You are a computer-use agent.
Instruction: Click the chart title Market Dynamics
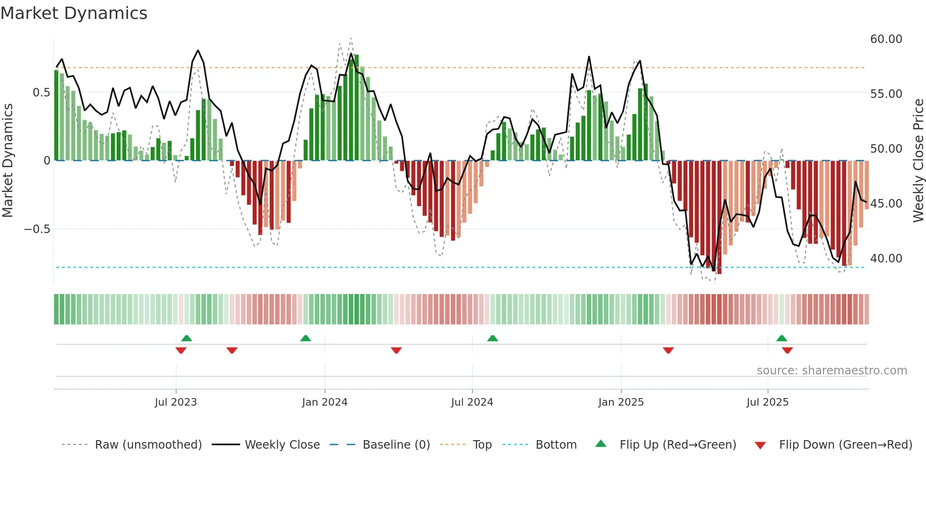coord(74,13)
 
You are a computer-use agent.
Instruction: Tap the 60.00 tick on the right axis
coord(886,39)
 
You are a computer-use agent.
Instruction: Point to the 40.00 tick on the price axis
coord(886,259)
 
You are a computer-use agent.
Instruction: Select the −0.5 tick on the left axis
coord(37,229)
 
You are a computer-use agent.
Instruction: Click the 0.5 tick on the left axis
coord(41,93)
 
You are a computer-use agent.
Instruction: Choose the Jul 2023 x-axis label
coord(176,402)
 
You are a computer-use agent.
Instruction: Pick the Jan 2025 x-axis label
coord(621,402)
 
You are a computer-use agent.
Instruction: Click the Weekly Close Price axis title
coord(918,161)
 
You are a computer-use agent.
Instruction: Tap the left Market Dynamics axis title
coord(8,161)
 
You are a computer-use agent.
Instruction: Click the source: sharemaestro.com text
coord(832,371)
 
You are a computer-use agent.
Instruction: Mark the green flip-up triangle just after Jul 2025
coord(781,338)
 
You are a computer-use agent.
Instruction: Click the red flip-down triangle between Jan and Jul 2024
coord(396,350)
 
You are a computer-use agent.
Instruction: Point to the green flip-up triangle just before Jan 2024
coord(306,338)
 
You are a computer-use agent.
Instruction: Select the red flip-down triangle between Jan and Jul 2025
coord(668,350)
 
